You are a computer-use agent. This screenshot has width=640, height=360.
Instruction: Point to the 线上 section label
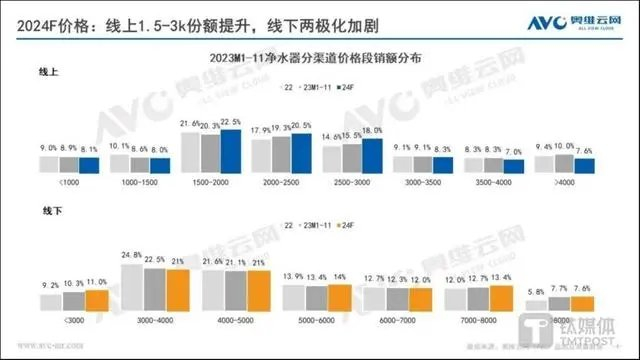click(48, 73)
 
